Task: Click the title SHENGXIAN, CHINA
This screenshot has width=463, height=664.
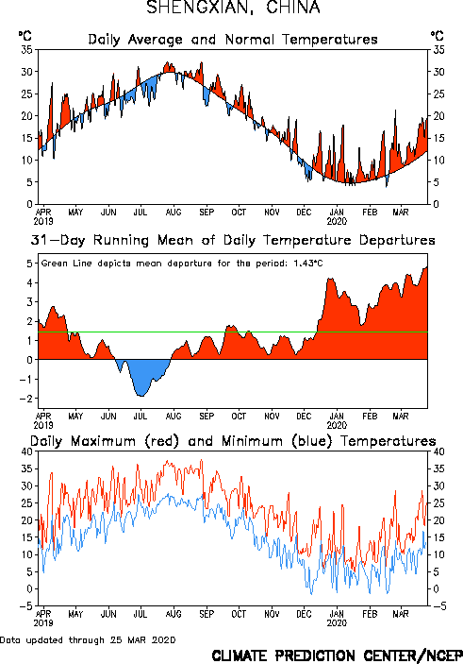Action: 233,8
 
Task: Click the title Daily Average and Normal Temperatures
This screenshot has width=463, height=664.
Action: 233,40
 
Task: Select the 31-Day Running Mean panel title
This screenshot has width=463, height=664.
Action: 233,240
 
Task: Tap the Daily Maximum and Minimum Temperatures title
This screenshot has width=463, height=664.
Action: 233,441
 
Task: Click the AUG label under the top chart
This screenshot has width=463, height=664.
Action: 174,212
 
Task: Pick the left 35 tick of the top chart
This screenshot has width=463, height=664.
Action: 27,50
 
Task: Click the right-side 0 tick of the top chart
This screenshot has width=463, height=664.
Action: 436,204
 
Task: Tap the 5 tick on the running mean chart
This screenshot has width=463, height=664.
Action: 29,264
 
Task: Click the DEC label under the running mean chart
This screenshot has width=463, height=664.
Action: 304,417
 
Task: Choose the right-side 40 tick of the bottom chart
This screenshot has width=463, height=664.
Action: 438,451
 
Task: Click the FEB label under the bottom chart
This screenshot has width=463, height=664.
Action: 370,614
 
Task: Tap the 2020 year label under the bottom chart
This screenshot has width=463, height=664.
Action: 337,623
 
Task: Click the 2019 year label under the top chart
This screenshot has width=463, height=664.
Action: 43,221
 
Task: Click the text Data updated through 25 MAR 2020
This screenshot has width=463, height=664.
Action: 88,640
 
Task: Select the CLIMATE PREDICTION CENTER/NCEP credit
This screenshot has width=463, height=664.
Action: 337,655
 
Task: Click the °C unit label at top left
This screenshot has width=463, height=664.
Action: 25,36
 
